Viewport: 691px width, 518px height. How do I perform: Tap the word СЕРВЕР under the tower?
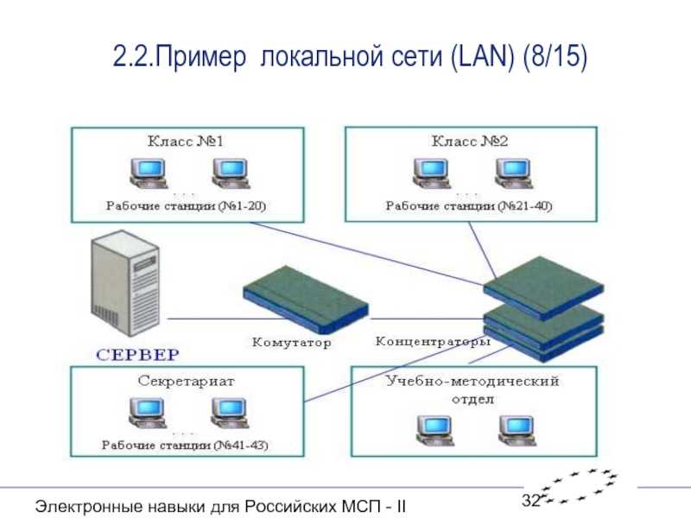click(x=138, y=355)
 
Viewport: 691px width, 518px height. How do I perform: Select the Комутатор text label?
click(x=291, y=342)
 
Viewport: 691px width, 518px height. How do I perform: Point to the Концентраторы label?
click(x=433, y=341)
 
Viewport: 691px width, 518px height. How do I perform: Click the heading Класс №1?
click(x=186, y=141)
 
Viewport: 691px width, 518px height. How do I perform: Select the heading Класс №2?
click(x=470, y=141)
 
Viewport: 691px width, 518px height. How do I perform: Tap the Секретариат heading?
click(x=187, y=381)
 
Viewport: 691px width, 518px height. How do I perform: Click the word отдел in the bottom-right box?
click(x=472, y=399)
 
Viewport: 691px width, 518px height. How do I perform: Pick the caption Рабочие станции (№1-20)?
click(x=186, y=205)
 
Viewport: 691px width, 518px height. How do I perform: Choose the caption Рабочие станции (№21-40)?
click(x=469, y=205)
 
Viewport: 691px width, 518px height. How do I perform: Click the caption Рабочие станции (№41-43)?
click(x=185, y=445)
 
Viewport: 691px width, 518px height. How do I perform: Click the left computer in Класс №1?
click(x=149, y=174)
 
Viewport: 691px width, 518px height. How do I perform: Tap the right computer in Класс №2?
click(x=514, y=174)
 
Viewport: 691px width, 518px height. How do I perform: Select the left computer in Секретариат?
click(x=148, y=413)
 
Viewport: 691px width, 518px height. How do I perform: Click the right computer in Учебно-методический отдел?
click(x=517, y=431)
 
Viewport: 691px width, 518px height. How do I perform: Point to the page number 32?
click(x=531, y=500)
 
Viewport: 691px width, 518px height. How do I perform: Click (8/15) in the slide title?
click(x=555, y=57)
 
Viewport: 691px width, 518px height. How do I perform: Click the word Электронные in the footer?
click(x=89, y=506)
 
